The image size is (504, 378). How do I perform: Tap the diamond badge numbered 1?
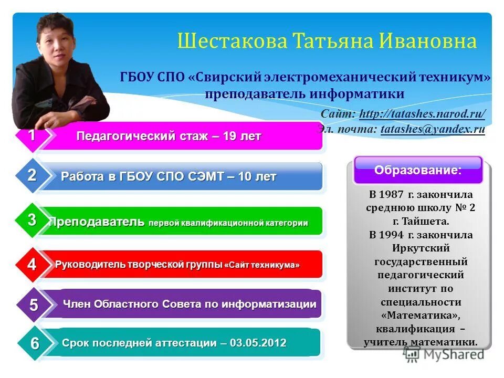32,135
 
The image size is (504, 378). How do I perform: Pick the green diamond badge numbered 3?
32,220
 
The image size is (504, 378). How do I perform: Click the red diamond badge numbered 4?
32,264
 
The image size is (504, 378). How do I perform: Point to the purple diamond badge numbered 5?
33,304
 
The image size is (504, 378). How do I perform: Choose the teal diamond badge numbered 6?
34,344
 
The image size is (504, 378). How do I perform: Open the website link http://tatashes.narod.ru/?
422,114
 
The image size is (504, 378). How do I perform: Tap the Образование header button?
418,170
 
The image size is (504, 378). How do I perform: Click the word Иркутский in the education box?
420,248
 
